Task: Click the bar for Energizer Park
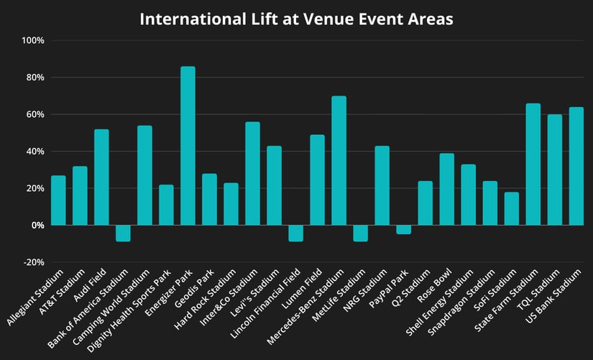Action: point(188,146)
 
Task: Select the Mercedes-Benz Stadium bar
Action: point(339,161)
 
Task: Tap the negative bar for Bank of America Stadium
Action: point(123,233)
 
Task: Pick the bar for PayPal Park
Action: point(403,229)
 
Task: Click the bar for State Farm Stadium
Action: point(533,165)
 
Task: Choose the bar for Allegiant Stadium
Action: point(58,200)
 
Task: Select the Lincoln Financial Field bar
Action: point(295,233)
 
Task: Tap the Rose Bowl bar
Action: point(446,189)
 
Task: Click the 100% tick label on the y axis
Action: point(33,40)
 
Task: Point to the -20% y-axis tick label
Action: point(33,262)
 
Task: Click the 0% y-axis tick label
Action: point(37,225)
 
